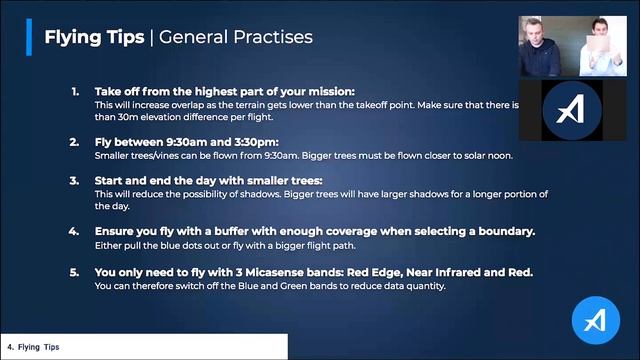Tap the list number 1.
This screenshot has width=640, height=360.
(75, 92)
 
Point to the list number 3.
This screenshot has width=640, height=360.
(75, 181)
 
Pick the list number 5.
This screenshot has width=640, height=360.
(75, 271)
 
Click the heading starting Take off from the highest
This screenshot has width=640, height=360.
(224, 92)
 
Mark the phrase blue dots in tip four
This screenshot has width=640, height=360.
(185, 245)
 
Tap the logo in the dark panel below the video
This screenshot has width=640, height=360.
(571, 110)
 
